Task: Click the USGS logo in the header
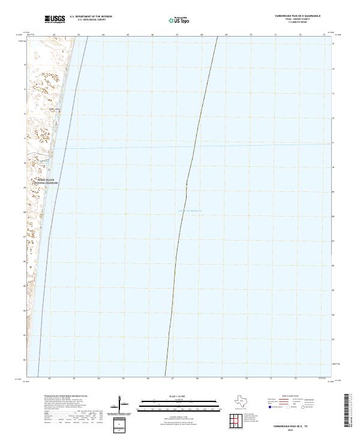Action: pos(55,19)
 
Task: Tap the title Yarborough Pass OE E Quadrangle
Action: pos(298,16)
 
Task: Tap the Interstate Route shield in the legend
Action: pos(271,406)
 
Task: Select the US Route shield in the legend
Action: pos(286,406)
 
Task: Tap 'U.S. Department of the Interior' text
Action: pos(91,16)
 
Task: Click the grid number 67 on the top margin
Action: pos(177,35)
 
